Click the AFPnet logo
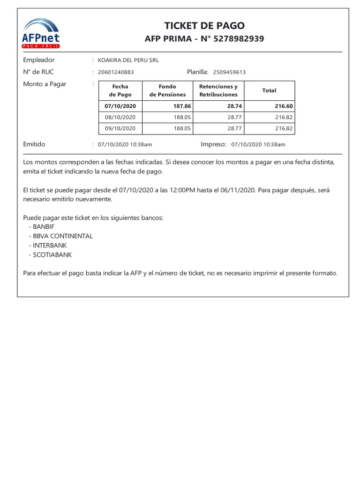tap(41, 33)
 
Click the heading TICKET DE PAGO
tap(204, 26)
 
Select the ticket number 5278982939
tap(239, 39)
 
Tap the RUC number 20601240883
tap(115, 72)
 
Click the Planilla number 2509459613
tap(229, 72)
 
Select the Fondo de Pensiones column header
tap(167, 90)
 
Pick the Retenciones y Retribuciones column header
tap(218, 90)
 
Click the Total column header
tap(269, 90)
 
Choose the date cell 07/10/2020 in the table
tap(120, 106)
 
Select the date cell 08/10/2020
tap(120, 117)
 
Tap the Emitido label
tap(34, 144)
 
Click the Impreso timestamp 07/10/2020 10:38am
tap(258, 145)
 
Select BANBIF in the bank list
tap(44, 226)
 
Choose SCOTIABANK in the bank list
tap(52, 255)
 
